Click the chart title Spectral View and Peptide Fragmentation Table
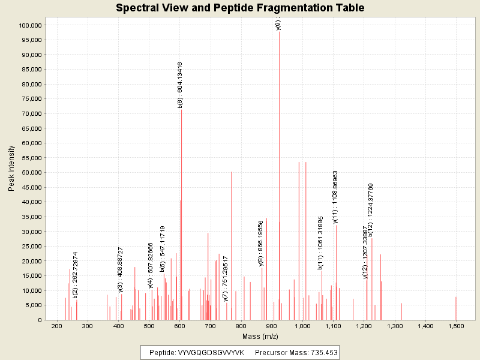point(240,8)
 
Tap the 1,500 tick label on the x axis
point(456,326)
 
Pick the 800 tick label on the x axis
point(241,326)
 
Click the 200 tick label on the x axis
point(57,326)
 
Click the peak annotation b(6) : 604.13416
point(180,85)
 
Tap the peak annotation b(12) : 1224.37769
point(371,209)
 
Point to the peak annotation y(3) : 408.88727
point(121,269)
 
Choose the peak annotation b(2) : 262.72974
point(75,275)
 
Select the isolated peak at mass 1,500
point(456,308)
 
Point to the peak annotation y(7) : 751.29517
point(226,278)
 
